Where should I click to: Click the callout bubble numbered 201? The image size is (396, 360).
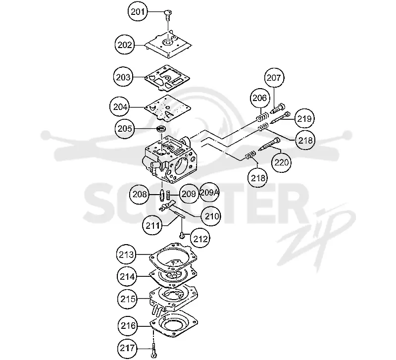(138, 11)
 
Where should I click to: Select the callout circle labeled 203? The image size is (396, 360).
(123, 77)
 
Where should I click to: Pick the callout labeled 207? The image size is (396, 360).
(274, 77)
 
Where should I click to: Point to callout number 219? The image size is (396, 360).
(304, 118)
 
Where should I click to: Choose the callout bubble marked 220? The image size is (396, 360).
(281, 162)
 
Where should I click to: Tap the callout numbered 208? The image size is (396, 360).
(140, 194)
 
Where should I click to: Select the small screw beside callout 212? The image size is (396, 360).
(182, 236)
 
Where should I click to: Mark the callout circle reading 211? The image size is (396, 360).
(152, 225)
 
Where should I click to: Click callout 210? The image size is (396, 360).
(211, 216)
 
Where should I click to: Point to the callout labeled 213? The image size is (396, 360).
(126, 255)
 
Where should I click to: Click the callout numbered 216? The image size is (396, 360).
(129, 326)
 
